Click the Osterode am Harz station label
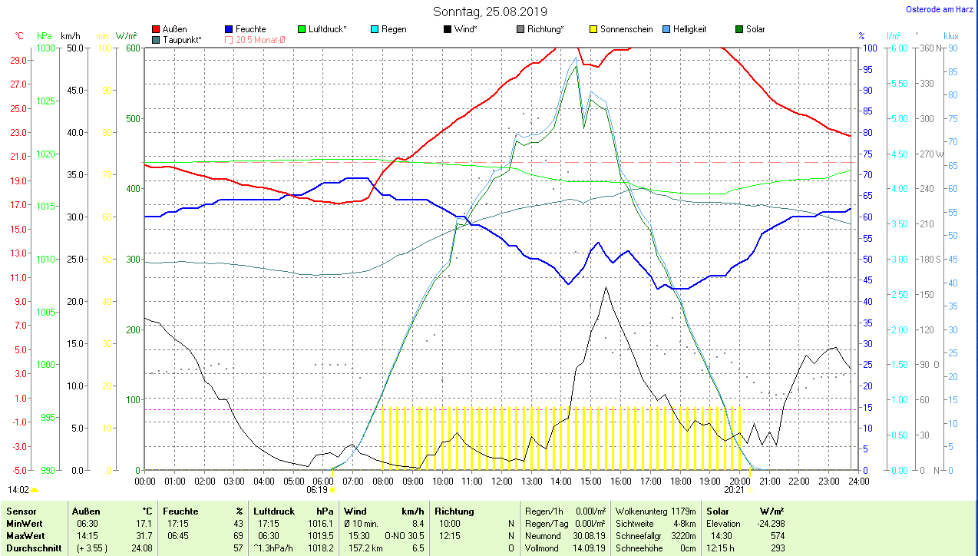tap(940, 10)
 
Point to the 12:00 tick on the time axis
tap(501, 481)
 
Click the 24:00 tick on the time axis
tap(858, 481)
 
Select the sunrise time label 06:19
tap(317, 489)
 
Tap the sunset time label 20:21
tap(734, 489)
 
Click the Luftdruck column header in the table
tap(274, 511)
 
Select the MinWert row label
tap(24, 523)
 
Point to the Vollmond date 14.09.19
tap(589, 548)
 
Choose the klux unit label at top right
tap(950, 35)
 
